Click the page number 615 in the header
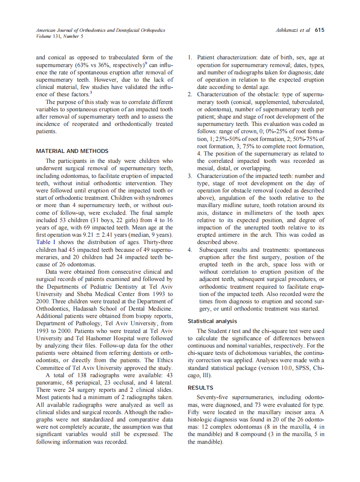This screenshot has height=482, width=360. [319, 30]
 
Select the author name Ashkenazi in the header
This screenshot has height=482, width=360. [287, 30]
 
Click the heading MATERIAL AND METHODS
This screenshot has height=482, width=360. [72, 151]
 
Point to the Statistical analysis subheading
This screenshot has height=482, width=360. [212, 321]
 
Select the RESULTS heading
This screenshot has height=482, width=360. [201, 388]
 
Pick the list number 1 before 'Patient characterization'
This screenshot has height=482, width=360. [190, 57]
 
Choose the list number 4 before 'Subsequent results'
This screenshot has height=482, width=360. [190, 250]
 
